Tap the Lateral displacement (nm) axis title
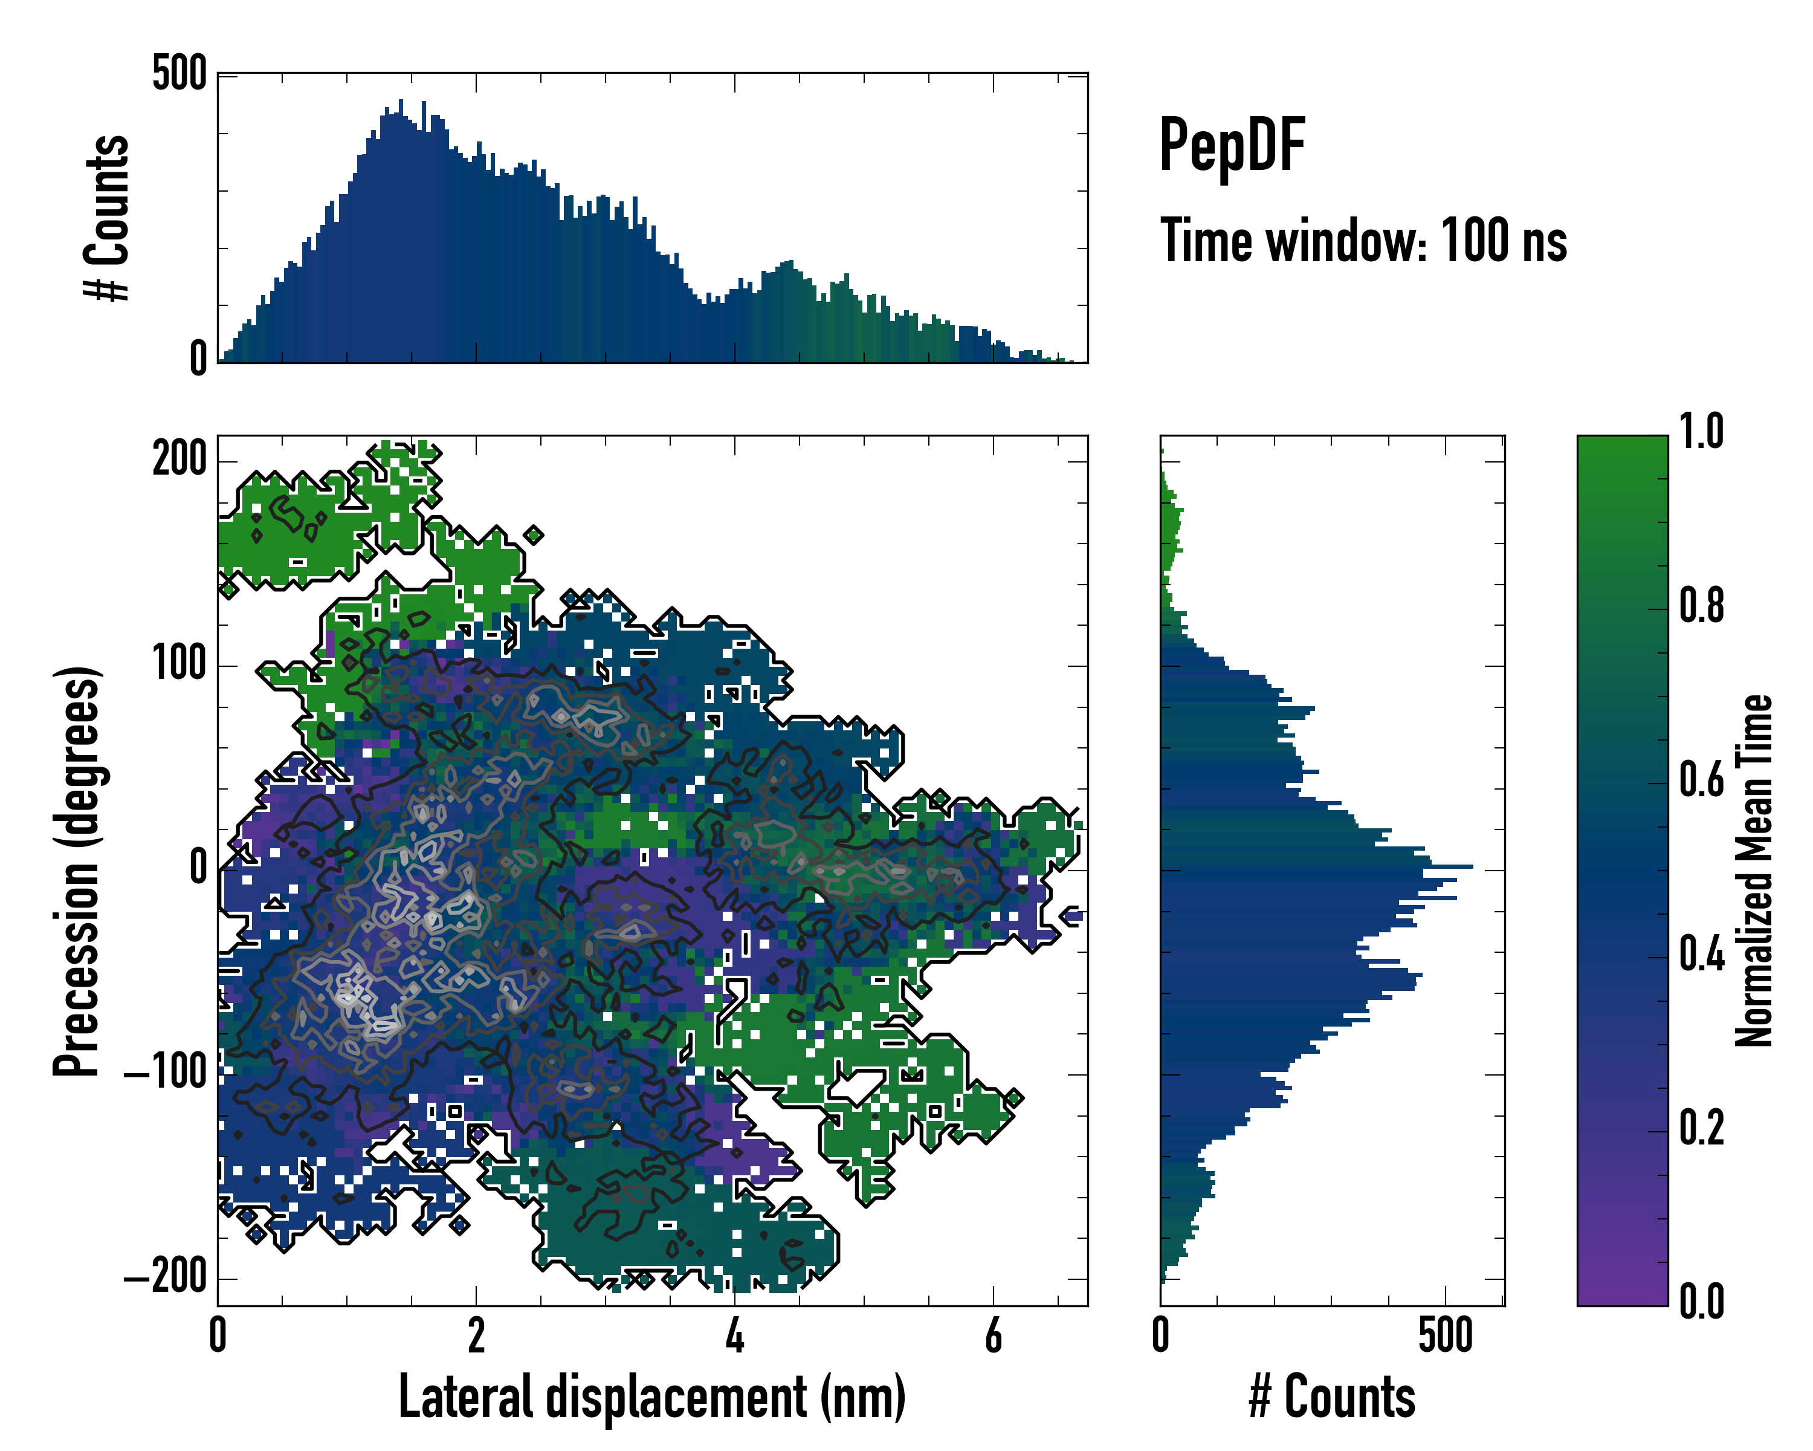[x=651, y=1397]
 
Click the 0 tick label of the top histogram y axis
[x=198, y=359]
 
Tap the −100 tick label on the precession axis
[x=166, y=1074]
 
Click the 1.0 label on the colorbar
[x=1701, y=432]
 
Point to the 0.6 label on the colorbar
[x=1701, y=780]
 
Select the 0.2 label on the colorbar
[x=1701, y=1128]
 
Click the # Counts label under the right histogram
[x=1332, y=1397]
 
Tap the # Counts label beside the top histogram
[x=107, y=218]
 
